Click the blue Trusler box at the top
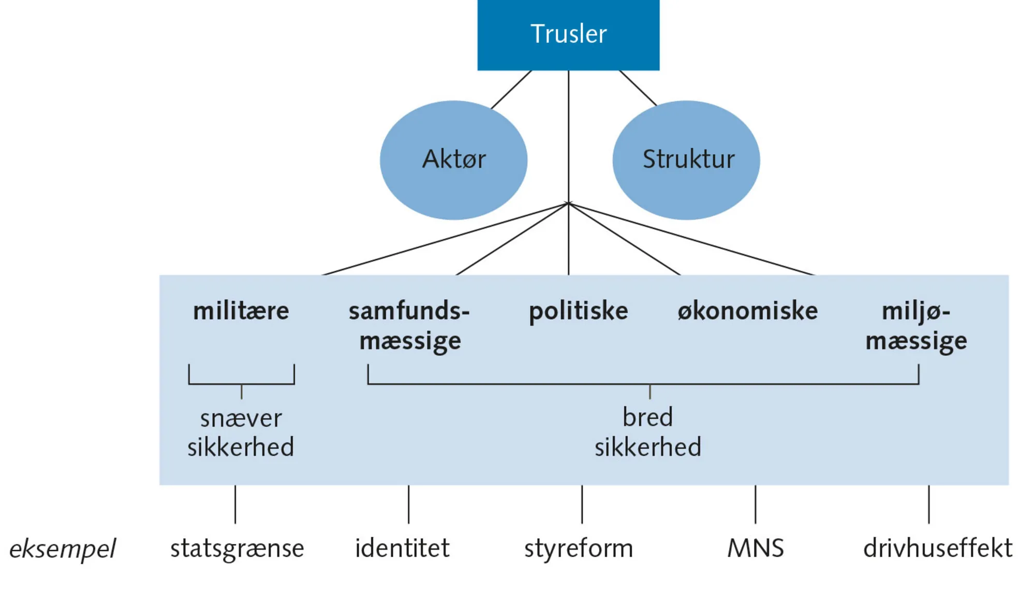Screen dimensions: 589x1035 [x=568, y=35]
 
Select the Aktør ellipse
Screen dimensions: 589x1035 [x=453, y=159]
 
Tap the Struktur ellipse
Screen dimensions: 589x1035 [x=686, y=159]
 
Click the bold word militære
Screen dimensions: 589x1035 [x=241, y=312]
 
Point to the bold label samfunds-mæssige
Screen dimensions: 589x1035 [x=409, y=326]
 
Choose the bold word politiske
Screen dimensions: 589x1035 [x=578, y=312]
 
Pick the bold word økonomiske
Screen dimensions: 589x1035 [x=747, y=312]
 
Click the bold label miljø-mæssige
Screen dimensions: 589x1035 [x=916, y=326]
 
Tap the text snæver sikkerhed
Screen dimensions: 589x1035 [x=241, y=433]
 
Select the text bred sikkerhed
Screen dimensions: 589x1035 [x=647, y=433]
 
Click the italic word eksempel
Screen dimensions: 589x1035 [x=63, y=549]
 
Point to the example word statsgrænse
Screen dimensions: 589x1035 [x=237, y=549]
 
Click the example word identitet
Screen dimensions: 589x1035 [x=402, y=548]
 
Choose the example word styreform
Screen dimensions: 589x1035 [x=579, y=549]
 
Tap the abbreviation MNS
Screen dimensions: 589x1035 [x=756, y=548]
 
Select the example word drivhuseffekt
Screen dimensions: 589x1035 [x=938, y=548]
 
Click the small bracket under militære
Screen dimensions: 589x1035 [x=242, y=384]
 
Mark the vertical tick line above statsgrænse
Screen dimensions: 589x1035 [x=235, y=504]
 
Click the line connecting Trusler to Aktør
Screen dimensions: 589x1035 [x=511, y=89]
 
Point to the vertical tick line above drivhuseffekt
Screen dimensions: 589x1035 [x=929, y=504]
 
